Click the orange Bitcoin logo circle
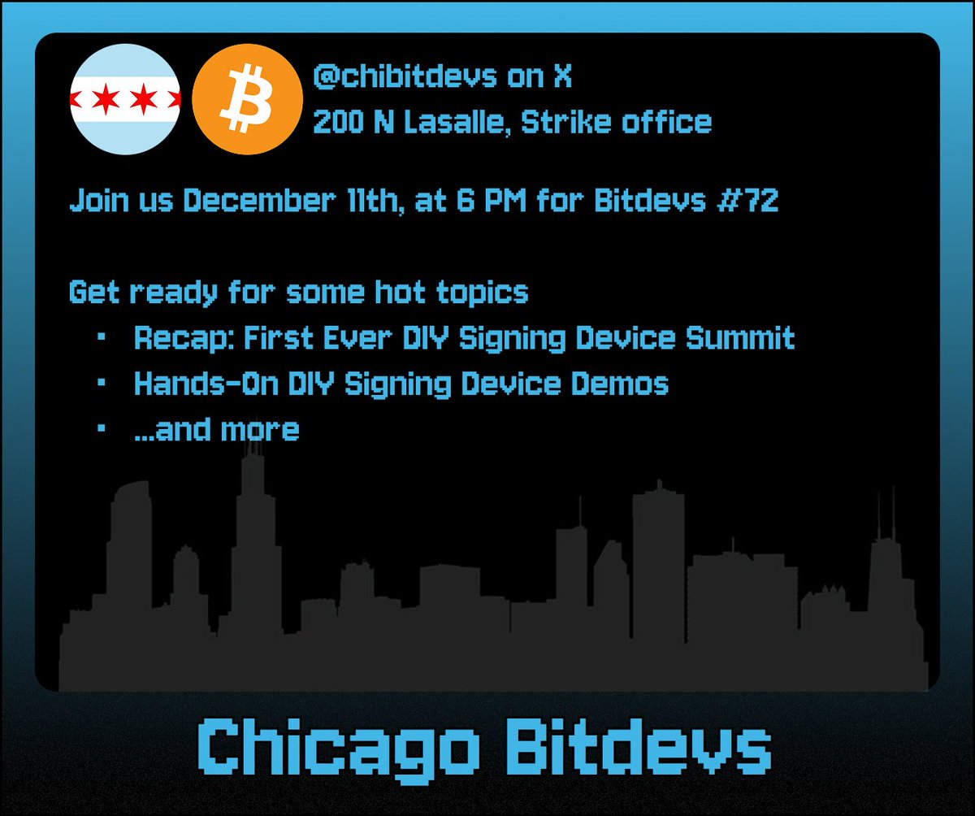click(x=241, y=102)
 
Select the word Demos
click(x=621, y=384)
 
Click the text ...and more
click(x=217, y=429)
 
